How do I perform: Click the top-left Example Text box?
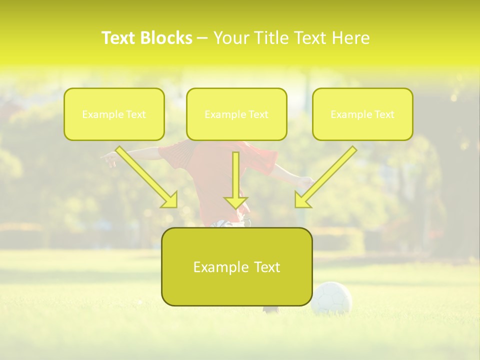click(x=114, y=114)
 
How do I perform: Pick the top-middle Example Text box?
click(x=236, y=114)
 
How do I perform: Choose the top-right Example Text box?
click(x=362, y=114)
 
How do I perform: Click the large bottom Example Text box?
click(x=236, y=266)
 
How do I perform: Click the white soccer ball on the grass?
click(x=331, y=297)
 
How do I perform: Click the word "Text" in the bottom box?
click(x=266, y=267)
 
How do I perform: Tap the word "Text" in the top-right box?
click(x=384, y=114)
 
